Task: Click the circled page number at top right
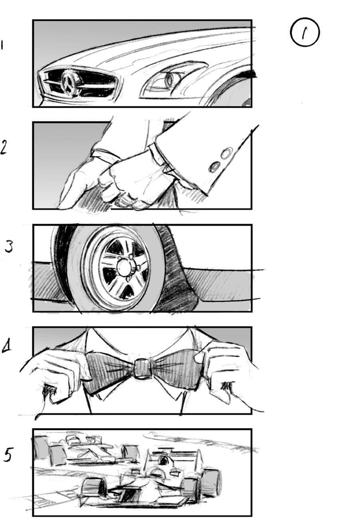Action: [x=305, y=33]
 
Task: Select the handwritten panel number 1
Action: [x=2, y=45]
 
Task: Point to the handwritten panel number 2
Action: [x=4, y=147]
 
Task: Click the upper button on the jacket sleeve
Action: [x=227, y=153]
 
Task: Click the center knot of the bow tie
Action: [x=143, y=369]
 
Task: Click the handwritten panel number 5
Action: [x=8, y=455]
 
